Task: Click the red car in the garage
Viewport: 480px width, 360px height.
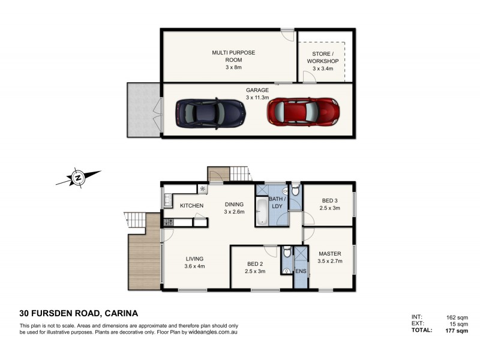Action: pyautogui.click(x=303, y=111)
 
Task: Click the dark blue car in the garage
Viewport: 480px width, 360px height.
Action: pyautogui.click(x=210, y=113)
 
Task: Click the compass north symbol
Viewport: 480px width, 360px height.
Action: pyautogui.click(x=77, y=178)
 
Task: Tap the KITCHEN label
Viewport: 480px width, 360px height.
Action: pyautogui.click(x=192, y=206)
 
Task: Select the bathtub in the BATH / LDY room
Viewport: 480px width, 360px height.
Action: pyautogui.click(x=262, y=213)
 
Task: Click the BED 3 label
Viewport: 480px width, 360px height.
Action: pyautogui.click(x=331, y=204)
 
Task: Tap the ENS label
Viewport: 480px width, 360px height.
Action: pyautogui.click(x=301, y=271)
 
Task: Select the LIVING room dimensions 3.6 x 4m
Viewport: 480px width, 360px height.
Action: pyautogui.click(x=194, y=266)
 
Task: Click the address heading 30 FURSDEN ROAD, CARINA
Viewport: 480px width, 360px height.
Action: pyautogui.click(x=79, y=313)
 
